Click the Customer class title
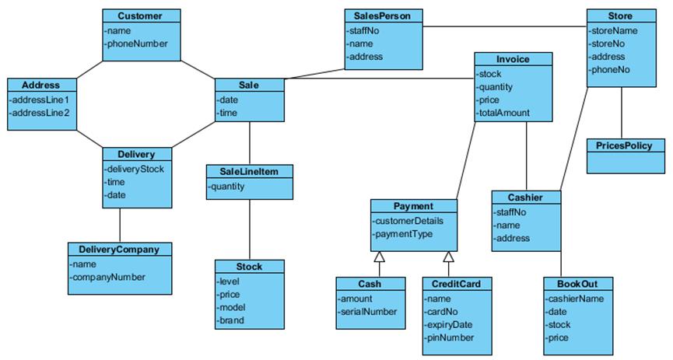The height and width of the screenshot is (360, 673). point(141,16)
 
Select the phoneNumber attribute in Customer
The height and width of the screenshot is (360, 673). point(137,44)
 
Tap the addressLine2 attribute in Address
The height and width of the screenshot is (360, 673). point(40,113)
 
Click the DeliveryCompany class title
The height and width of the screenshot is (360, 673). point(119,250)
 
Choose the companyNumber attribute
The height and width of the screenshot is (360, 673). point(108,277)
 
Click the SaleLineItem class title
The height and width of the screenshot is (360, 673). point(249,171)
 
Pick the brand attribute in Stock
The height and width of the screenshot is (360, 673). point(232,320)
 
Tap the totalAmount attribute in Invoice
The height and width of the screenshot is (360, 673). point(504,113)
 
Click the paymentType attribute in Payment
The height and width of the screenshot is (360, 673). point(403,233)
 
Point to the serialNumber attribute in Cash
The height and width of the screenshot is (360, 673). point(368,311)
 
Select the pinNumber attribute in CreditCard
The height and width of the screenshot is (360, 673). point(450,337)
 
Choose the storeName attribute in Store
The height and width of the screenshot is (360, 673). point(615,30)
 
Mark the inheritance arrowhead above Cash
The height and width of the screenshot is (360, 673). point(379,257)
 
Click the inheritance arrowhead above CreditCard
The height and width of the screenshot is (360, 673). point(448,257)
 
